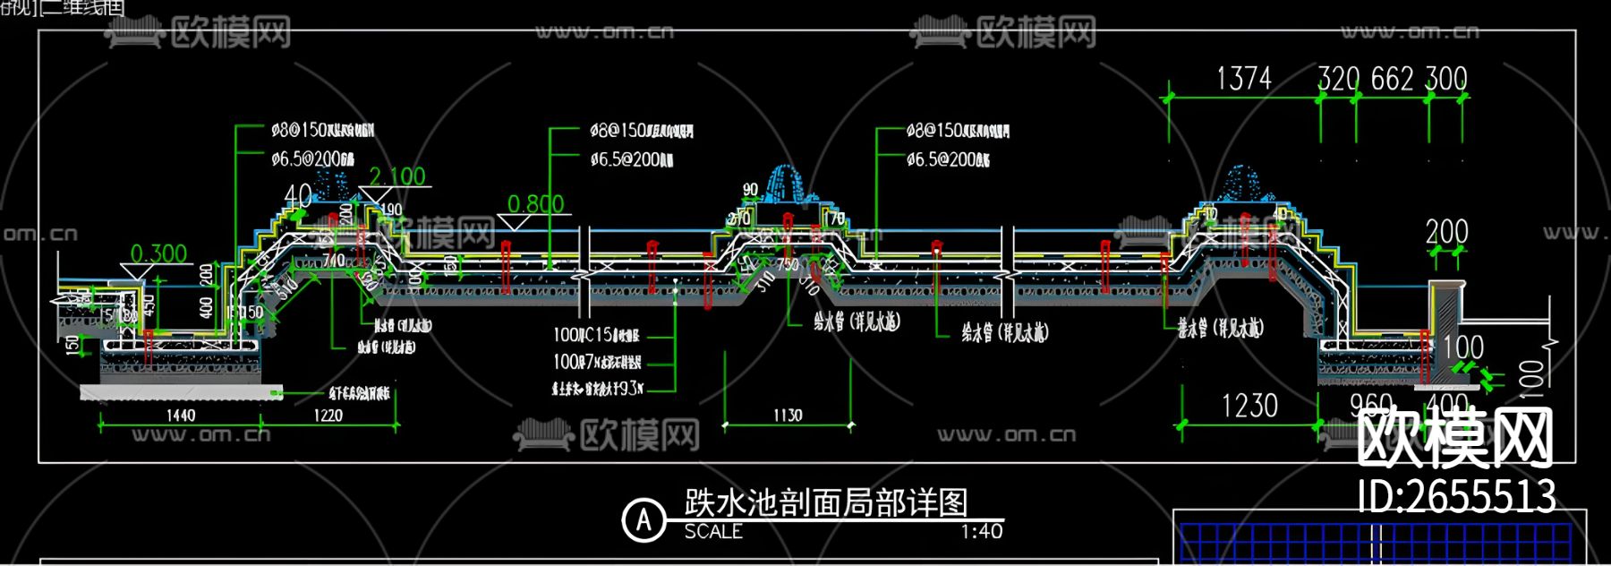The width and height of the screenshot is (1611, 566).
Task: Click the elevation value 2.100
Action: (397, 176)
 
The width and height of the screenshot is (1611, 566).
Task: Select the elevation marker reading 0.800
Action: (535, 204)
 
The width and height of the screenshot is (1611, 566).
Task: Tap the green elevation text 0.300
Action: (158, 253)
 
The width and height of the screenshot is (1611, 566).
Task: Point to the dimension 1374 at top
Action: (1243, 79)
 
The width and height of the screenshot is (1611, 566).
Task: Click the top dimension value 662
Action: (1392, 79)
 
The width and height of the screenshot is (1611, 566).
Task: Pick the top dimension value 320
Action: (1338, 79)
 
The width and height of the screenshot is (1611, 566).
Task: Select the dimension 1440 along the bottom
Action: (181, 415)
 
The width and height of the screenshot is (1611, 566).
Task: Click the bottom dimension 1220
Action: (328, 415)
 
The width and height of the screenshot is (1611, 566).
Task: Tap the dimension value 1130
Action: (788, 415)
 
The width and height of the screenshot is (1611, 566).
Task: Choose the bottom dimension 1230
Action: (1249, 406)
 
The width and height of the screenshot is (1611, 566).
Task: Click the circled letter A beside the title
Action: (644, 519)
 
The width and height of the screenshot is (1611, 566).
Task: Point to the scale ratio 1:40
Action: (981, 532)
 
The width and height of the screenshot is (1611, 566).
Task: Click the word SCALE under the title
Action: (713, 532)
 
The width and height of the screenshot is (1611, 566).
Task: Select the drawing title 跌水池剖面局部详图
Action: (826, 502)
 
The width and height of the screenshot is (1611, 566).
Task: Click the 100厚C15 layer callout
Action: (596, 335)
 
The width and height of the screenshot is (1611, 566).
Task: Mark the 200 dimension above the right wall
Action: (1446, 233)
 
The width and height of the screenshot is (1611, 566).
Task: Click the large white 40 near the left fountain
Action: (298, 195)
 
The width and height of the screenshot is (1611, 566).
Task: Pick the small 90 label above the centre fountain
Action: (750, 190)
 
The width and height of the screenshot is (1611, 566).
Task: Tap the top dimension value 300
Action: (1445, 79)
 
